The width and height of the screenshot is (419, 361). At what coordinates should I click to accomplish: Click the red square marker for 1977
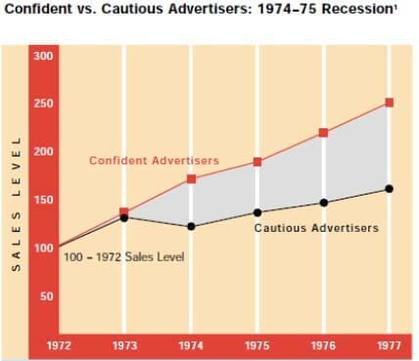coord(389,103)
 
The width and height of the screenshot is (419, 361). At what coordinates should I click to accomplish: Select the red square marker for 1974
coord(191,179)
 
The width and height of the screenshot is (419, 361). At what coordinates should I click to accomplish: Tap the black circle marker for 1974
coord(191,226)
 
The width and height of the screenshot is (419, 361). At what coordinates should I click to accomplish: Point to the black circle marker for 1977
coord(389,189)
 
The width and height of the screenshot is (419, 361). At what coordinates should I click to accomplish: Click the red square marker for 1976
coord(323,133)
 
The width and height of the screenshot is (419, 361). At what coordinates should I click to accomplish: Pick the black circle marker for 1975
coord(257,212)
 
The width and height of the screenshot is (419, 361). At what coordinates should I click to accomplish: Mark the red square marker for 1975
coord(257,161)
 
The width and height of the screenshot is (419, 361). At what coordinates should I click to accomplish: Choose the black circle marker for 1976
coord(324,203)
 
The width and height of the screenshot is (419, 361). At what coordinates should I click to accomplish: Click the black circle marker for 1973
coord(124,218)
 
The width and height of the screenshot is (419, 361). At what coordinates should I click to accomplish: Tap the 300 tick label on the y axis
coord(43,56)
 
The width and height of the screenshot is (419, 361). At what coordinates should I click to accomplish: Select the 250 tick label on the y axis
coord(43,104)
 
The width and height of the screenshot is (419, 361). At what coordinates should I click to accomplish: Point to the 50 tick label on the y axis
coord(47,296)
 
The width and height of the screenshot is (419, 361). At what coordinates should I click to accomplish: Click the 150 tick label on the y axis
coord(43,200)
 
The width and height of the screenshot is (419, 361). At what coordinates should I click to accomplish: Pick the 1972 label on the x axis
coord(59,345)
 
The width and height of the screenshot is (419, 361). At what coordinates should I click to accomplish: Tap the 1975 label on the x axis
coord(257,345)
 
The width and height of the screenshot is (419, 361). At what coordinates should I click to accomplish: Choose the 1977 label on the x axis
coord(389,345)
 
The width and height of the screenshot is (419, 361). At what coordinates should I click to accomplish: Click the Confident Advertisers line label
coord(154,160)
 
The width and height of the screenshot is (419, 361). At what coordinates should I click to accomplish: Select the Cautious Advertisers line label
coord(316,228)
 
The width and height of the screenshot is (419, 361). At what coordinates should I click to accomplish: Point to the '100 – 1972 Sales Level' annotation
coord(124,257)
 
